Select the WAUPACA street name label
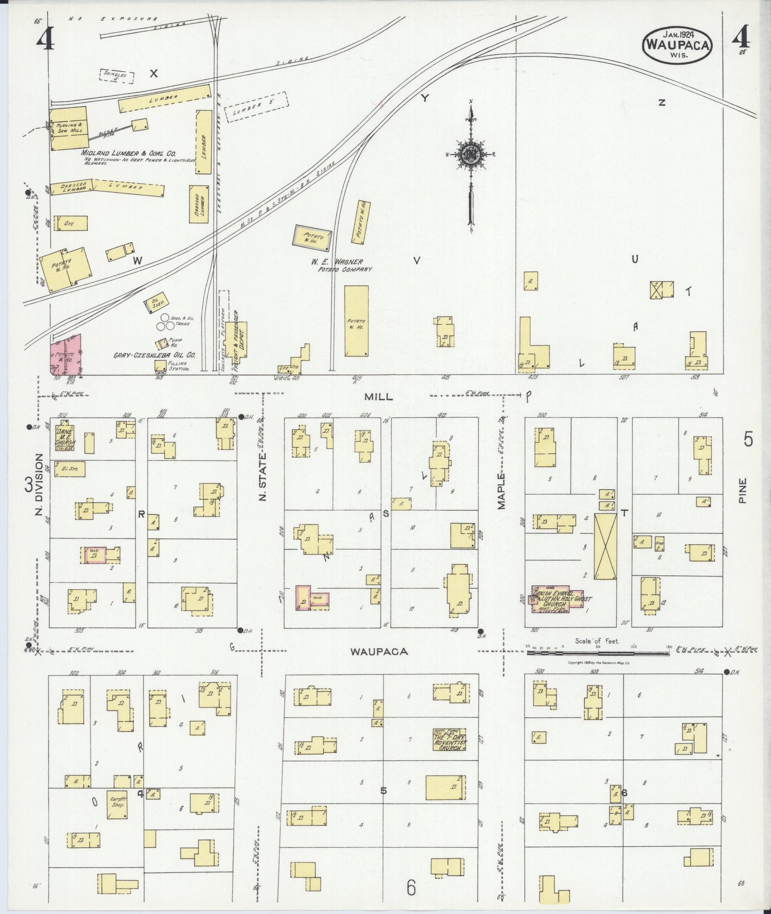pyautogui.click(x=379, y=651)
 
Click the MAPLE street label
pyautogui.click(x=502, y=491)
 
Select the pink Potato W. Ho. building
pyautogui.click(x=66, y=355)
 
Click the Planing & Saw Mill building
pyautogui.click(x=68, y=128)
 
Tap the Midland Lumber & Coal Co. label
pyautogui.click(x=129, y=153)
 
